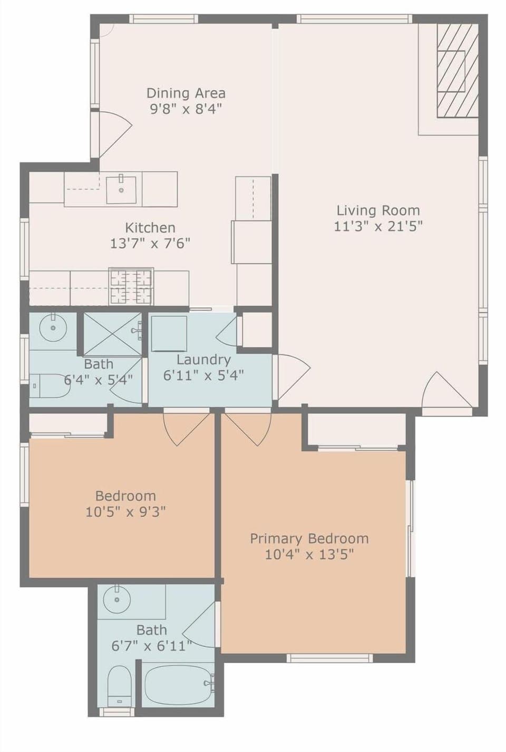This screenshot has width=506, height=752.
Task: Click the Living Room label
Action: [378, 210]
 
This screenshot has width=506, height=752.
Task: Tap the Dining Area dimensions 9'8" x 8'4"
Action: [186, 109]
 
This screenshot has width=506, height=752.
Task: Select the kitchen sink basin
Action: [121, 190]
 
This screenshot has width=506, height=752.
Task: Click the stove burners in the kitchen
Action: [131, 286]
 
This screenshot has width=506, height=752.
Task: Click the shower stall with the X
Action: [113, 333]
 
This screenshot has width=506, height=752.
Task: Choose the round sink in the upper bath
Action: [53, 327]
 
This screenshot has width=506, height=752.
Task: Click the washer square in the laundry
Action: [169, 333]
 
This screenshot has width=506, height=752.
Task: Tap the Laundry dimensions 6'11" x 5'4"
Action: [203, 375]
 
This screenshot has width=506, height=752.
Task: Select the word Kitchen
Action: [150, 228]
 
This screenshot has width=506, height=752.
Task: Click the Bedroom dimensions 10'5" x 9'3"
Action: [126, 512]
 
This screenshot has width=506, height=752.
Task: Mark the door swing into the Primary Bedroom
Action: [248, 429]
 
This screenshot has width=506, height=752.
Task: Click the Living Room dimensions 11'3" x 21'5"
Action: [378, 227]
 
